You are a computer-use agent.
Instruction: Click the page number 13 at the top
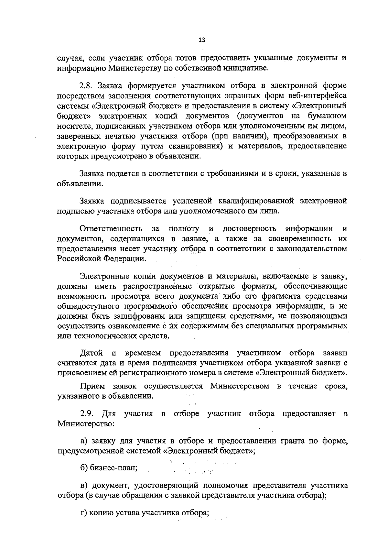[x=202, y=40]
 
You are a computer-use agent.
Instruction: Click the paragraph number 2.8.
[x=87, y=86]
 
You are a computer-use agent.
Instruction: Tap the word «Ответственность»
[x=111, y=229]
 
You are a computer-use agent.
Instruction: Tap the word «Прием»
[x=92, y=386]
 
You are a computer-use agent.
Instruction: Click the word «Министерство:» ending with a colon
[x=85, y=423]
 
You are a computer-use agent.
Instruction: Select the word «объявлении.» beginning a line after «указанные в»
[x=79, y=184]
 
